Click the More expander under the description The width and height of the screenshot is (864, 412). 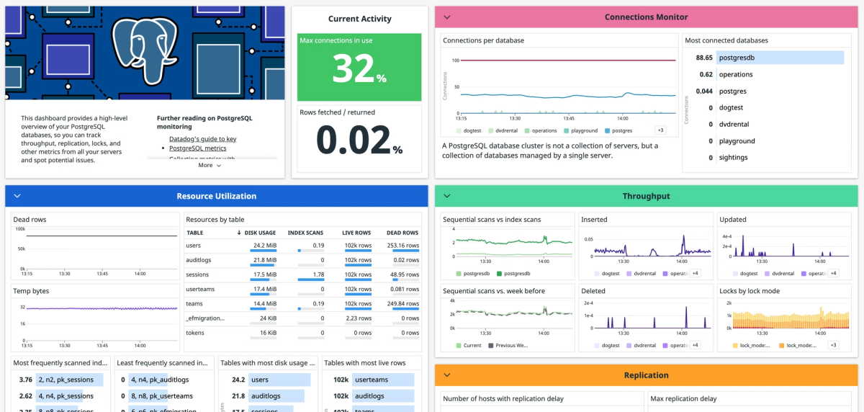point(210,165)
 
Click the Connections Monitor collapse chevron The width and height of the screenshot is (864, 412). point(447,17)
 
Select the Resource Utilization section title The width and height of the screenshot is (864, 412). point(216,196)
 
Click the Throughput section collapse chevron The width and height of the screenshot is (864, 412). point(447,196)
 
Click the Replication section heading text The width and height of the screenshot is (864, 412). point(646,375)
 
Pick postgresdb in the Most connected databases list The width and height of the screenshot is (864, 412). point(737,58)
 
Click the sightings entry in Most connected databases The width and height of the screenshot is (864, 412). point(733,158)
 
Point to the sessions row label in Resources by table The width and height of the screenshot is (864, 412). point(197,274)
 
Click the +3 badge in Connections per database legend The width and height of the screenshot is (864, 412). point(660,130)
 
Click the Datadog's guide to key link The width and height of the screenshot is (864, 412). point(202,139)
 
